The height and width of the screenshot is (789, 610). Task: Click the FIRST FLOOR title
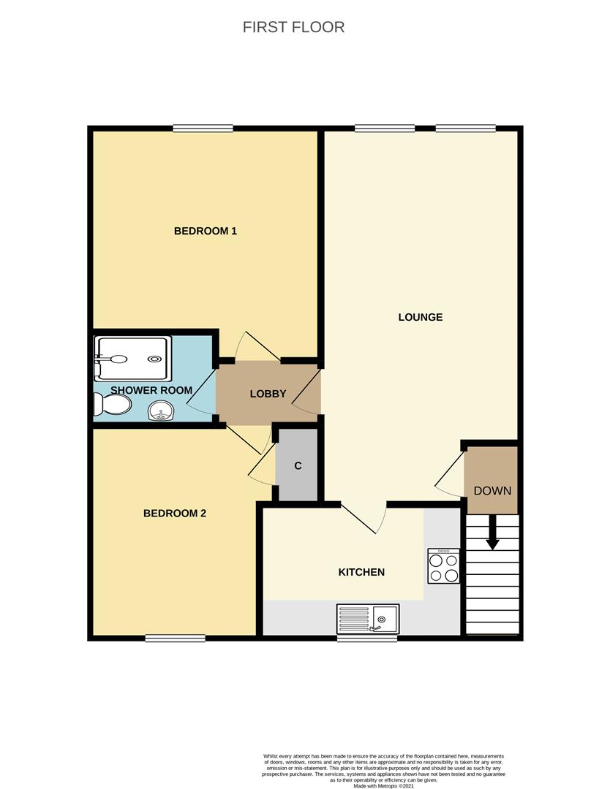(293, 27)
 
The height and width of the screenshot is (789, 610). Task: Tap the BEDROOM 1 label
(205, 231)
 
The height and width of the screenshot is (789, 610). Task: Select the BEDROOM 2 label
(175, 514)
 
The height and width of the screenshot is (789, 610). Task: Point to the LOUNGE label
(421, 317)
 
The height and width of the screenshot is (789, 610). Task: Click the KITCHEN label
(361, 572)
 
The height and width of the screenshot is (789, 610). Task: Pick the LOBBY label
(268, 394)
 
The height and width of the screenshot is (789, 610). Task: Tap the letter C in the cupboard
(298, 466)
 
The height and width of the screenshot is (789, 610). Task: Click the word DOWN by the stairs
(492, 491)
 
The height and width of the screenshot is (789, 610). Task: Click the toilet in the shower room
(113, 404)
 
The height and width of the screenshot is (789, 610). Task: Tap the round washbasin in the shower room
(161, 411)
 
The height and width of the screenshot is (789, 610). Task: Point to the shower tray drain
(154, 359)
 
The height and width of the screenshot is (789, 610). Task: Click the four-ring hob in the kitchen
(443, 565)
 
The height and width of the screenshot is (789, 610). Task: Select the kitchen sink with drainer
(368, 619)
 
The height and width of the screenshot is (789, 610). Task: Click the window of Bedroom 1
(203, 129)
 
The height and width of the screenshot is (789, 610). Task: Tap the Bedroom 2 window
(176, 638)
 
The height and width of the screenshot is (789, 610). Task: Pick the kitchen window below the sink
(366, 638)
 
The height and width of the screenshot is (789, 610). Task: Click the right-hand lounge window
(466, 129)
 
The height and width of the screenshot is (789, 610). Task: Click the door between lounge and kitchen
(364, 517)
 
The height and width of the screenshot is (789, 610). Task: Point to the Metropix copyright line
(384, 785)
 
